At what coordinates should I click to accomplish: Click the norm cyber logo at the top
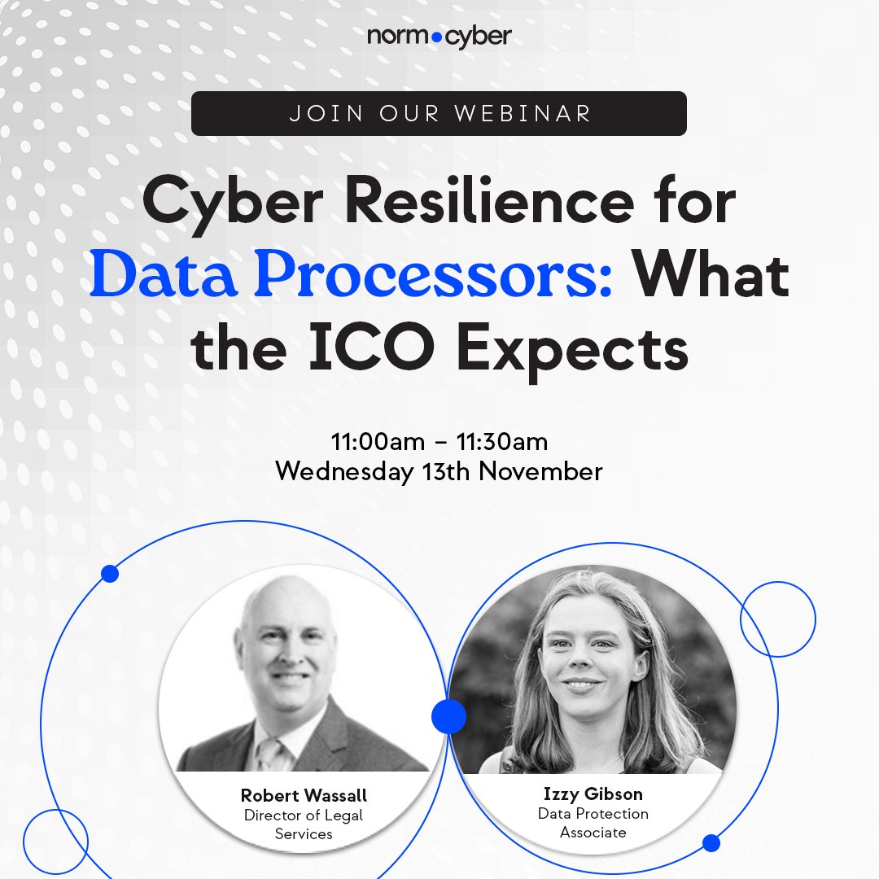[439, 37]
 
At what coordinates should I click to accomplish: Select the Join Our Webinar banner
[439, 113]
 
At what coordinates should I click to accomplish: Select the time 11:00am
[378, 442]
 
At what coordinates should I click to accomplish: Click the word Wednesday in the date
[343, 471]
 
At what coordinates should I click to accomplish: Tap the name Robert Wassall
[302, 795]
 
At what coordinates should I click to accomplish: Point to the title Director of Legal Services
[303, 824]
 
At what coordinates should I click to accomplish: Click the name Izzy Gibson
[593, 794]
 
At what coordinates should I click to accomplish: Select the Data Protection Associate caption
[593, 823]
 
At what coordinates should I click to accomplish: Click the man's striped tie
[268, 753]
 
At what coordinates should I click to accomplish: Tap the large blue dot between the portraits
[448, 716]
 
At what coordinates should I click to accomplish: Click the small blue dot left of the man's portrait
[110, 574]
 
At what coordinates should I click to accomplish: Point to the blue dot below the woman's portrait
[711, 842]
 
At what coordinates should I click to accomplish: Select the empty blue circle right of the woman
[777, 619]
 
